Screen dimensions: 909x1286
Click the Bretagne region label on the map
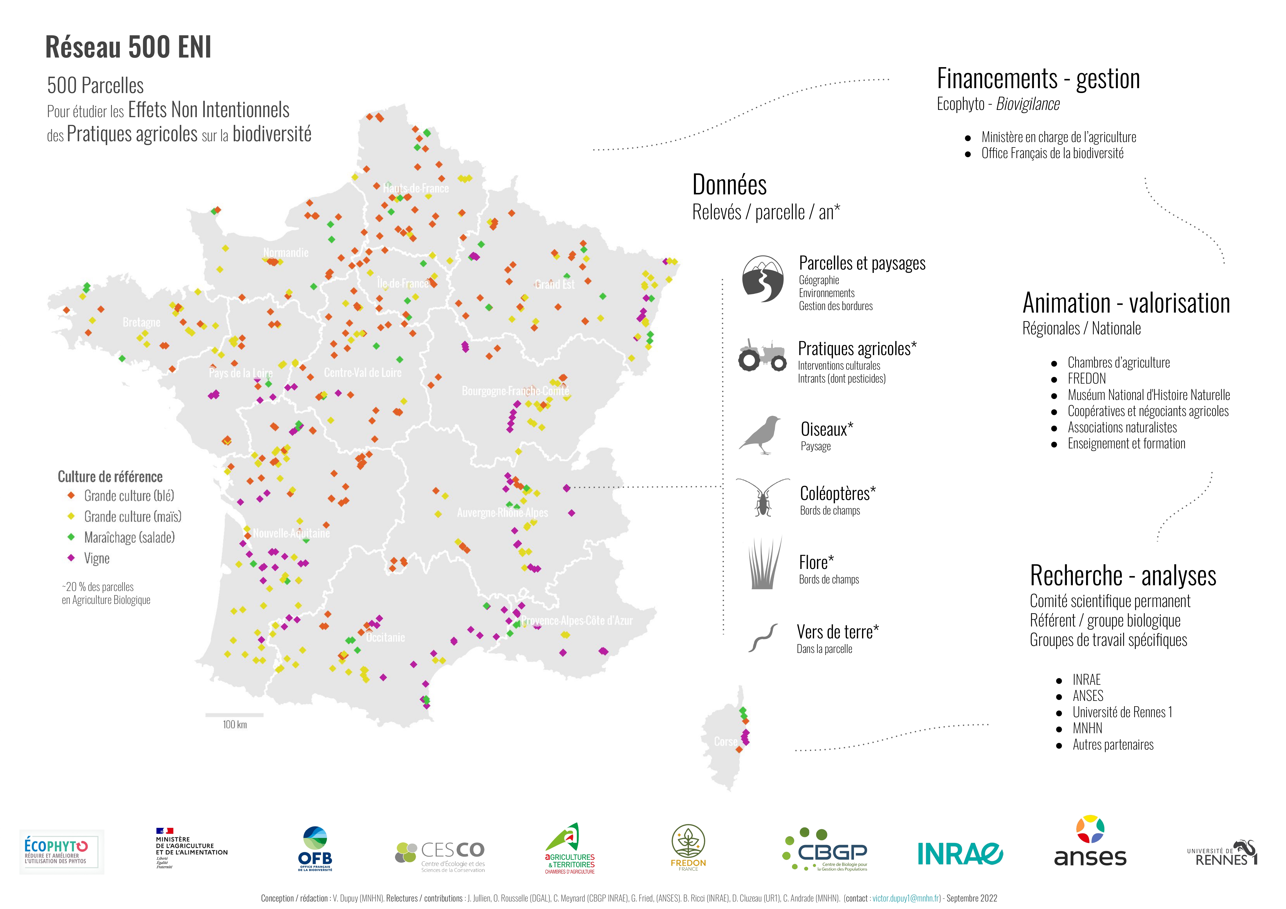coord(141,322)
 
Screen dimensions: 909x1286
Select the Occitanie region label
coord(385,637)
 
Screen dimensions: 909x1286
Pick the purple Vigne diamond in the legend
coord(71,558)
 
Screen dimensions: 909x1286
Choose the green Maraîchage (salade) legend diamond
coord(71,537)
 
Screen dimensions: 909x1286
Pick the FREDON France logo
coord(688,847)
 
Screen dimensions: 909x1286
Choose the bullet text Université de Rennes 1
coord(1122,712)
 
